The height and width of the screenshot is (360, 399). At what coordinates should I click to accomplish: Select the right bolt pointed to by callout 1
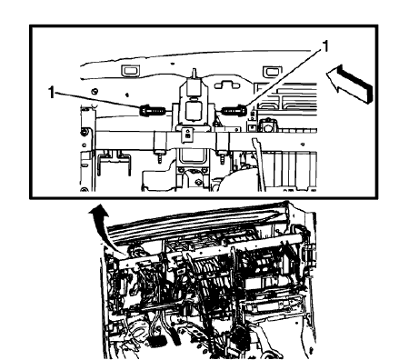[233, 111]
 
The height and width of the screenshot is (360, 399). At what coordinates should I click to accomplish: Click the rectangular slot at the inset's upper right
[271, 71]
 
